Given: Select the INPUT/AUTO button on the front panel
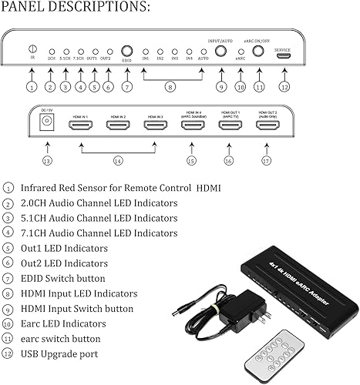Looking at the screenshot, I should tap(221, 52).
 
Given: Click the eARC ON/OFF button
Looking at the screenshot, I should tap(258, 52).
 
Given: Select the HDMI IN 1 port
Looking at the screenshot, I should tap(81, 124).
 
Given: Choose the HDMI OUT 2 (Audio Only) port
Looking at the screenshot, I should tap(268, 124).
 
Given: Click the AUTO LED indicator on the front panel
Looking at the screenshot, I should tap(202, 52).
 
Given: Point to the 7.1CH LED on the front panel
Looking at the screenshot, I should tap(80, 52).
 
